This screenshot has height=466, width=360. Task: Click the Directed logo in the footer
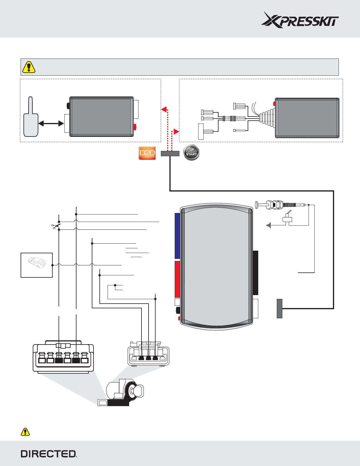click(49, 454)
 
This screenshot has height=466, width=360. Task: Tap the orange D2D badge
click(147, 153)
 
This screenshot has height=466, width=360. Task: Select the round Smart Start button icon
click(191, 153)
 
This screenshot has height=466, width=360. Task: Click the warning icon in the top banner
click(29, 67)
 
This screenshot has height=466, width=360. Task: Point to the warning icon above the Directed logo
click(25, 432)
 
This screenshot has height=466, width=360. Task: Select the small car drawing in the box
click(37, 263)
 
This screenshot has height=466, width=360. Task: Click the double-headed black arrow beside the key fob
click(51, 124)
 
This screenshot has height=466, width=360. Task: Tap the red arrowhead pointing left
click(164, 109)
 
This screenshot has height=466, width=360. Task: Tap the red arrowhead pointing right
click(176, 132)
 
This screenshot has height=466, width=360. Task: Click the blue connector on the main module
click(177, 236)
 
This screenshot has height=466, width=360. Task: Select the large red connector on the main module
click(177, 279)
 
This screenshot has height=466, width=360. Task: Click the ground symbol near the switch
click(268, 225)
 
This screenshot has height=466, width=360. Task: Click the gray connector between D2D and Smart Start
click(170, 153)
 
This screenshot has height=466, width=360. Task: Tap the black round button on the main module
click(178, 310)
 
